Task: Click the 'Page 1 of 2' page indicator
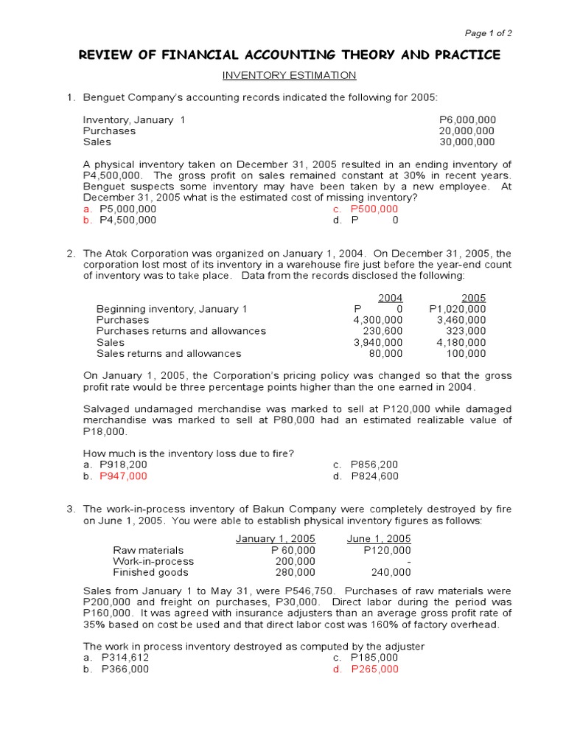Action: click(x=488, y=33)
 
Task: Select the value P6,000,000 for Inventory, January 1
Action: click(x=467, y=119)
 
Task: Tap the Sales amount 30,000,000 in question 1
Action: click(x=467, y=142)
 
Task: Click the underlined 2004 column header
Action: click(x=390, y=298)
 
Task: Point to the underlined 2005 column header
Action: click(x=473, y=298)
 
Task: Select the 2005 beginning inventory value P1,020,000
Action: click(x=457, y=309)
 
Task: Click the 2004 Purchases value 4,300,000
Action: click(x=378, y=320)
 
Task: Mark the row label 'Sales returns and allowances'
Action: click(x=169, y=353)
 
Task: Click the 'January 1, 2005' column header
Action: click(x=275, y=539)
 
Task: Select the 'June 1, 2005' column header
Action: click(x=379, y=539)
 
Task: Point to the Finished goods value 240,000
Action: click(x=391, y=572)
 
